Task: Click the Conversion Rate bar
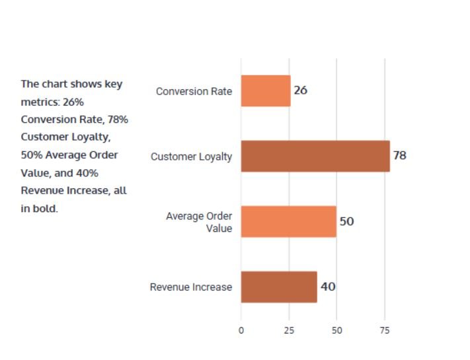click(266, 90)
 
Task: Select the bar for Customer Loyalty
click(315, 156)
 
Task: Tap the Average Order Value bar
click(288, 221)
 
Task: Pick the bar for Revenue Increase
click(279, 287)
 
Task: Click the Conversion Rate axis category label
click(194, 91)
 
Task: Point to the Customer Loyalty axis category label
click(191, 157)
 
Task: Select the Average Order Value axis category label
click(199, 222)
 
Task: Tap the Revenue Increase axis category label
click(191, 287)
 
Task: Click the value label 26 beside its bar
click(300, 90)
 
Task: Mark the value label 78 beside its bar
click(399, 156)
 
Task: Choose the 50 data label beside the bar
click(346, 221)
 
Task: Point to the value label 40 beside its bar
click(327, 287)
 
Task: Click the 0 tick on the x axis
click(241, 330)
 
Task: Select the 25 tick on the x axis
click(289, 330)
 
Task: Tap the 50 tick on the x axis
click(336, 330)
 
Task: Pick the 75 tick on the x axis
click(384, 330)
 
